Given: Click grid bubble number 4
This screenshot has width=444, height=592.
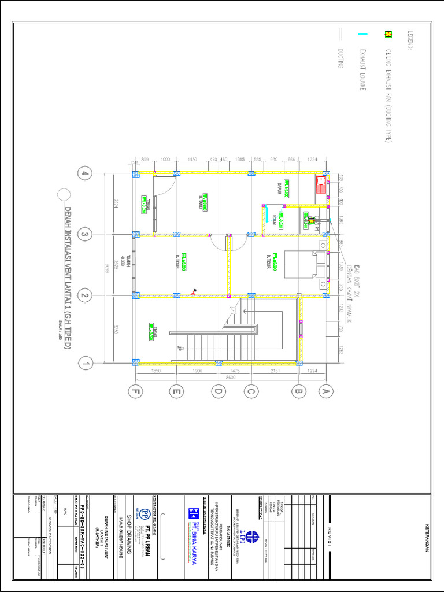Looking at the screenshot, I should [x=86, y=174].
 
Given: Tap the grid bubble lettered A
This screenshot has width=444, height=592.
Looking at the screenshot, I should [x=325, y=392].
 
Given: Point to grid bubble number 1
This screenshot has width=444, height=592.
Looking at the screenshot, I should [x=86, y=363].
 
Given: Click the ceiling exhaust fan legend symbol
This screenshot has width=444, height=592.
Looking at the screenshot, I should [x=388, y=34].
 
